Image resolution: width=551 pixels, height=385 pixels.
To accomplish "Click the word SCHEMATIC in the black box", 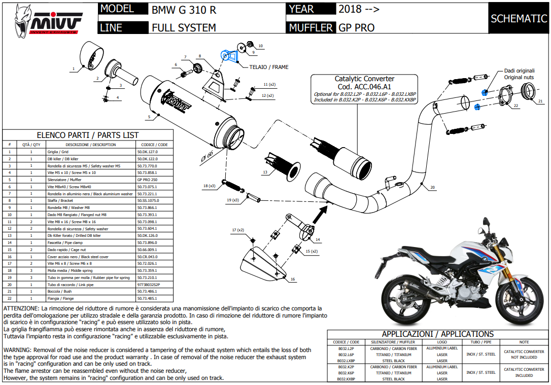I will (518, 19).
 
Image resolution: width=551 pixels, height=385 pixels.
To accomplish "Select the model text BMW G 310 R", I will (184, 10).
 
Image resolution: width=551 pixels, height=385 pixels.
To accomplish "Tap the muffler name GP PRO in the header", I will (356, 27).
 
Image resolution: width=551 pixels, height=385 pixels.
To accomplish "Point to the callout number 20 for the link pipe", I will (432, 188).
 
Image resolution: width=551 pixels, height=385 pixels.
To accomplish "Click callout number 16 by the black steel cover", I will (292, 279).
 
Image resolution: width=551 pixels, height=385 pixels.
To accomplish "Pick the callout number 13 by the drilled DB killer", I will (265, 173).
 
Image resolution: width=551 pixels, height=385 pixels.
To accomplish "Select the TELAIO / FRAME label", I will (269, 67).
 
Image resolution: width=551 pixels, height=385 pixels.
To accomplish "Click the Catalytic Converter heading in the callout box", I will (364, 79).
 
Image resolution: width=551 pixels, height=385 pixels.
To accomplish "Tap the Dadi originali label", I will (519, 71).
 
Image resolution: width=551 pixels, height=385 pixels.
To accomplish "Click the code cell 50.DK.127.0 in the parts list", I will (148, 152).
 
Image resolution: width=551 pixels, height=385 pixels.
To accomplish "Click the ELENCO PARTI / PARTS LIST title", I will (87, 135).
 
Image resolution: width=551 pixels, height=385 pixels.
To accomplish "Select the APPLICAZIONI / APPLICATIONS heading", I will (437, 334).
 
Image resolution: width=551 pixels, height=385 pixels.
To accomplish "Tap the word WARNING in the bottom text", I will (17, 350).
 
